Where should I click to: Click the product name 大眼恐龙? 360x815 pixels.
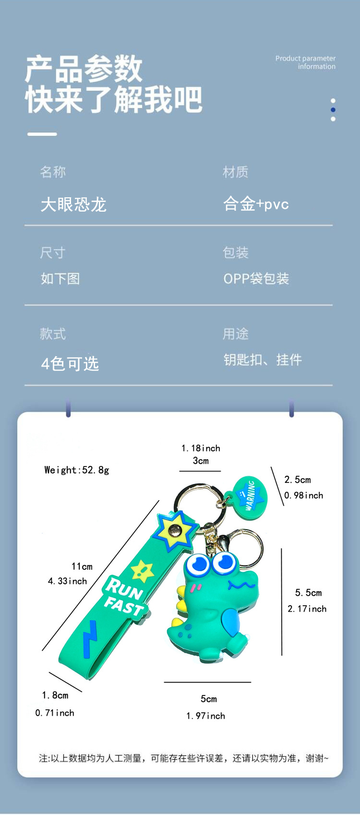(73, 205)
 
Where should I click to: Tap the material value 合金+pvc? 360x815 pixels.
(256, 204)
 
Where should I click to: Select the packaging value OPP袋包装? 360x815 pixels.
(256, 279)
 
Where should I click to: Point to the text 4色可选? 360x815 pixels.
(70, 364)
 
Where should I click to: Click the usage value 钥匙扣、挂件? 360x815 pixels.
(263, 360)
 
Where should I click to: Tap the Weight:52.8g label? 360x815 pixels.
(77, 470)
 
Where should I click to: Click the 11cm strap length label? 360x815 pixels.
(82, 567)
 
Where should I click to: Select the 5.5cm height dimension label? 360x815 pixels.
(308, 593)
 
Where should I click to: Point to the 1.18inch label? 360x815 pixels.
(201, 448)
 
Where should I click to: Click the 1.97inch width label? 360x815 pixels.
(205, 716)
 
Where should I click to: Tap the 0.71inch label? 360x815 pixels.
(55, 713)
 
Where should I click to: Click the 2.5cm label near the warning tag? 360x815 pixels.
(298, 480)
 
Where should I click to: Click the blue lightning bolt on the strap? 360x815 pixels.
(89, 638)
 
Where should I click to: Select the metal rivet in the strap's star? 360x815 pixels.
(175, 530)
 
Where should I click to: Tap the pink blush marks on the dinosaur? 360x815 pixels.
(196, 587)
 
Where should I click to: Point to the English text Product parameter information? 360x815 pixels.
(306, 62)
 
